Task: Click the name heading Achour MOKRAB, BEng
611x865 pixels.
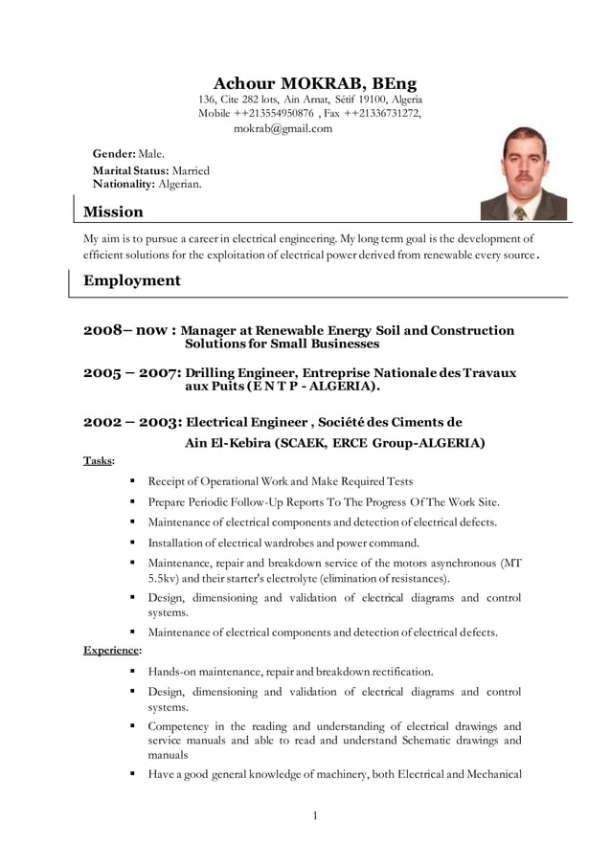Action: tap(314, 83)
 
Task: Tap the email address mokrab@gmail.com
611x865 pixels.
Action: tap(283, 128)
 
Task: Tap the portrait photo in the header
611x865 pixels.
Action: tap(523, 173)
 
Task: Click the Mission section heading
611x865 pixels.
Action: tap(113, 211)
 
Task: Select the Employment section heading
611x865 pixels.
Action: tap(132, 280)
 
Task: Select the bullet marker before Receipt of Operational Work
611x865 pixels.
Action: tap(130, 481)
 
